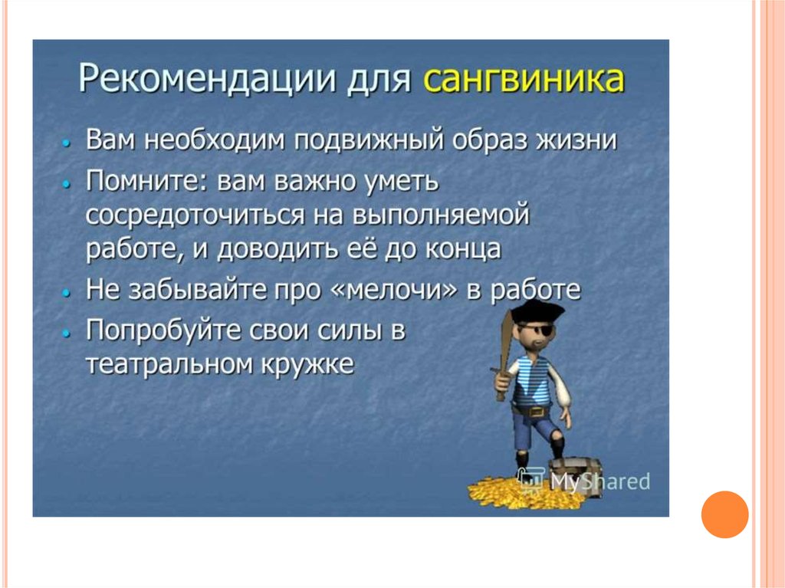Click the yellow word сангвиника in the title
tap(524, 78)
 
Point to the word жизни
tap(576, 140)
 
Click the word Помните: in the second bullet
tap(147, 181)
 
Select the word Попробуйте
tap(163, 331)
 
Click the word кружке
tap(307, 364)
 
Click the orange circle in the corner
tap(724, 514)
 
